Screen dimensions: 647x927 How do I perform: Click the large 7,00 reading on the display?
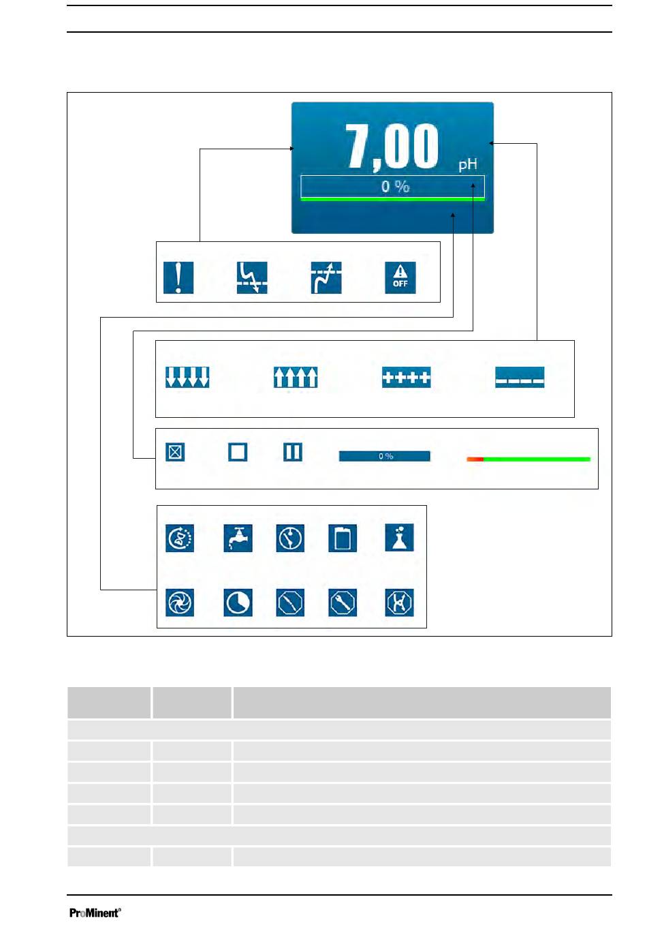point(392,147)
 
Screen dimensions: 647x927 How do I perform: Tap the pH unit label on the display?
point(468,165)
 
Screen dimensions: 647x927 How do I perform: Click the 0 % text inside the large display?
point(395,186)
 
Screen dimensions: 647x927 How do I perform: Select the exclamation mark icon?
point(178,277)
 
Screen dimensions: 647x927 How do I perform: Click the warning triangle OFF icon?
point(400,277)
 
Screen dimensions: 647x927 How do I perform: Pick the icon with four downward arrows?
point(187,377)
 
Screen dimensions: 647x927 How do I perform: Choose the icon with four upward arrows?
point(296,377)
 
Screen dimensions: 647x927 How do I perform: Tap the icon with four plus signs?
point(406,377)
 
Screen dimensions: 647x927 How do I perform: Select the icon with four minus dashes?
point(520,377)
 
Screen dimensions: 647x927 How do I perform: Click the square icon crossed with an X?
point(175,452)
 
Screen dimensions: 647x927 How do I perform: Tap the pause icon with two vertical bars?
point(293,452)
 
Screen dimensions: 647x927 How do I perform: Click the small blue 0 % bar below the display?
point(385,456)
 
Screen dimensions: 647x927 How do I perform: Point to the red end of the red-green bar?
point(475,459)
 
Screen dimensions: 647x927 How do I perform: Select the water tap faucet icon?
point(238,538)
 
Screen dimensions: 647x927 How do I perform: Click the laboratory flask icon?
point(399,538)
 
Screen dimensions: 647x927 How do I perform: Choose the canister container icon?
point(343,538)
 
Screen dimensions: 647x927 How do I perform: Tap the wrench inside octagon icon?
point(343,603)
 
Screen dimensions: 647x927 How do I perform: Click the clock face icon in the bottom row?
point(238,603)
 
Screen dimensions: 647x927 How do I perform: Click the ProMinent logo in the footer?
point(95,913)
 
